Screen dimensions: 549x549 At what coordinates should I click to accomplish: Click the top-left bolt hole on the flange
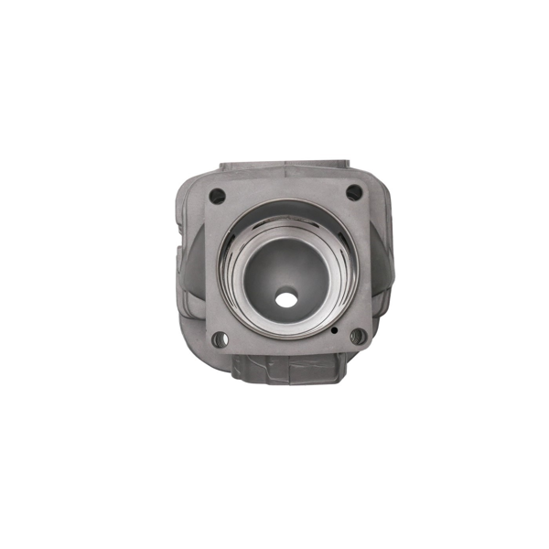[x=217, y=195]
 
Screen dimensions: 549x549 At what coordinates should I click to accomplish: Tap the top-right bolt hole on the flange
[x=353, y=193]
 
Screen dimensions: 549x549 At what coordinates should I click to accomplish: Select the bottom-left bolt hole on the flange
[x=220, y=339]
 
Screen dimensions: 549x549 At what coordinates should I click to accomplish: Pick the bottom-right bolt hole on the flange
[x=357, y=337]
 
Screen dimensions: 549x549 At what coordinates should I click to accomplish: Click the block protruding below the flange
[x=285, y=369]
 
